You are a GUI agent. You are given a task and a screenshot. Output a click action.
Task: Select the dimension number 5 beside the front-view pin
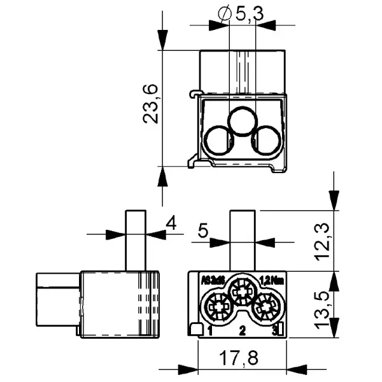[202, 230]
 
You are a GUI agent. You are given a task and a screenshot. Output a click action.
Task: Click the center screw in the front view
[243, 291]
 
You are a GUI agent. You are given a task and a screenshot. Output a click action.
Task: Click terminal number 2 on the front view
[242, 330]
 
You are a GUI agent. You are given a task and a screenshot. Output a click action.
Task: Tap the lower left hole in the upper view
[220, 140]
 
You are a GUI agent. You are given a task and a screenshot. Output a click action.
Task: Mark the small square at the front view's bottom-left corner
[197, 329]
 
